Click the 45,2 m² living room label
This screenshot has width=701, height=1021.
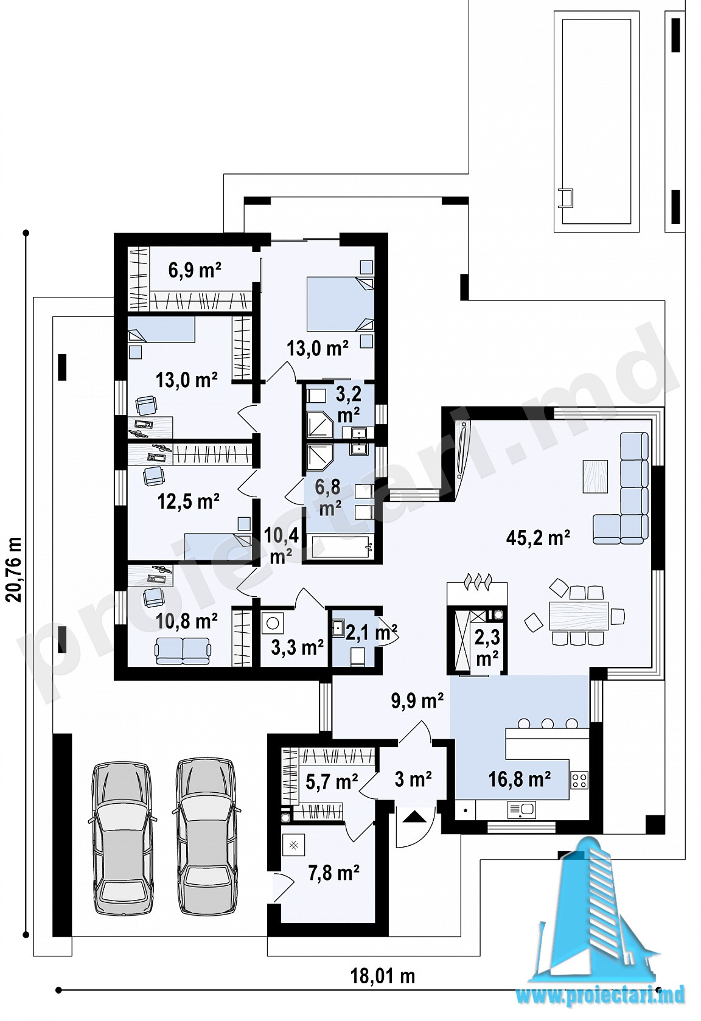[x=538, y=538]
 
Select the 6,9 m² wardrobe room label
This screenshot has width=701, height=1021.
[x=195, y=270]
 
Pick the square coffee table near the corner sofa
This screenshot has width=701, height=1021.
[x=595, y=476]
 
